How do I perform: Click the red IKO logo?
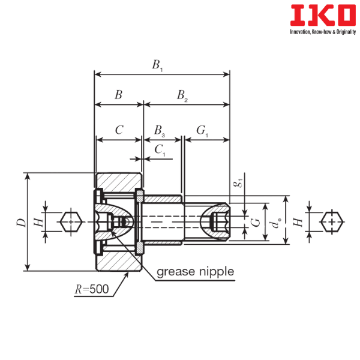pos(323,15)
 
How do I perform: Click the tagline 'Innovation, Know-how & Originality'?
pos(323,32)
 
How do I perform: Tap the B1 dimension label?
pos(157,65)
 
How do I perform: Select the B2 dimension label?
pos(182,95)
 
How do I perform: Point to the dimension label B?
pos(118,95)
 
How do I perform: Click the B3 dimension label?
pos(160,131)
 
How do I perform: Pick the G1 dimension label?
pos(202,131)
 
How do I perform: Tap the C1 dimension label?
pos(160,151)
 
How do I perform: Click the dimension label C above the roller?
pos(119,130)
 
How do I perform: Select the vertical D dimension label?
pos(22,222)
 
